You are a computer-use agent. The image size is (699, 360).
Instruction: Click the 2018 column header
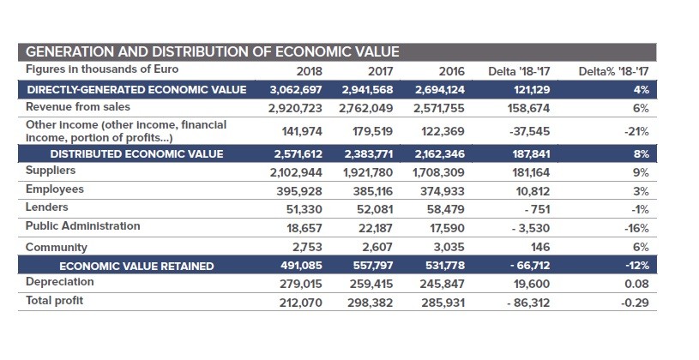point(309,71)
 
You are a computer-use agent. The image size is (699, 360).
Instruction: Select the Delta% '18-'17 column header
point(613,71)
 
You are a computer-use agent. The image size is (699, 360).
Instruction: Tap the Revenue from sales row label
point(78,107)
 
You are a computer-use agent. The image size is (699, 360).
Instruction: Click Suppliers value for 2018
point(296,172)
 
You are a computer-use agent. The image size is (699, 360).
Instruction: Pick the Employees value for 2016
point(443,192)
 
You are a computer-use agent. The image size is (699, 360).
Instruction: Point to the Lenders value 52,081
point(375,209)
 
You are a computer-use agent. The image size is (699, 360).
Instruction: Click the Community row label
point(56,247)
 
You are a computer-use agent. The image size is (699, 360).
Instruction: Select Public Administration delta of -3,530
point(531,229)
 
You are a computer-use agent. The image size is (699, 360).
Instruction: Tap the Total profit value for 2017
point(371,303)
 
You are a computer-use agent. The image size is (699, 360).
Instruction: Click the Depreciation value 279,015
point(301,284)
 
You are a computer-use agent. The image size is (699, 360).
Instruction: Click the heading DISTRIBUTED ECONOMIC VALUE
point(137,154)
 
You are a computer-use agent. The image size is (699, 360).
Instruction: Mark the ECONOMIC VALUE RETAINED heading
point(137,267)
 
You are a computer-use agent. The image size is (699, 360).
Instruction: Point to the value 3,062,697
point(296,90)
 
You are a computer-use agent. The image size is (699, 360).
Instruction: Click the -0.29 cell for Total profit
point(635,303)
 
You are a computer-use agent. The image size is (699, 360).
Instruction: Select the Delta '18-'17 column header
point(520,71)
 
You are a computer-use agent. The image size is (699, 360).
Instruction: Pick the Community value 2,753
point(307,247)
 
